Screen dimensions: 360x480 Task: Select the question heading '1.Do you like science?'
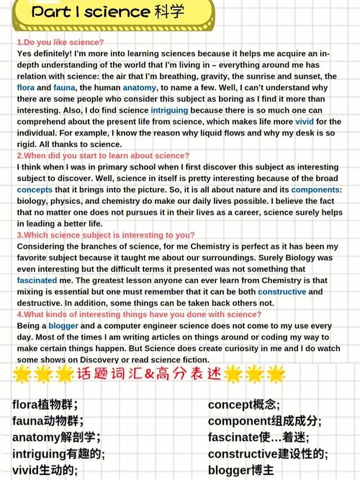[x=60, y=43]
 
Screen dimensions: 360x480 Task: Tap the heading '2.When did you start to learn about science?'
[x=104, y=156]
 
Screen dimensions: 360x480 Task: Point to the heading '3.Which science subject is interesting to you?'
[x=106, y=235]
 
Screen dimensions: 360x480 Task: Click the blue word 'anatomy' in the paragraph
[x=140, y=88]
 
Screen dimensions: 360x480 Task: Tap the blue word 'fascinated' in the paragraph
[x=37, y=280]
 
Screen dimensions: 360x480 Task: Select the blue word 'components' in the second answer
[x=316, y=190]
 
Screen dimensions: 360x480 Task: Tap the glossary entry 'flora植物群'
[x=45, y=404]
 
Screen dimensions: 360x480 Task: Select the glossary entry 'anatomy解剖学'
[x=56, y=437]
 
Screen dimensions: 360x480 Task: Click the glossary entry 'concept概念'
[x=244, y=404]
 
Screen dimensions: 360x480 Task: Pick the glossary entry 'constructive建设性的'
[x=268, y=454]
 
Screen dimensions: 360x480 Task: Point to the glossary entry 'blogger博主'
[x=241, y=470]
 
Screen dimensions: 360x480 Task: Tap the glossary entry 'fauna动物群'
[x=48, y=421]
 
